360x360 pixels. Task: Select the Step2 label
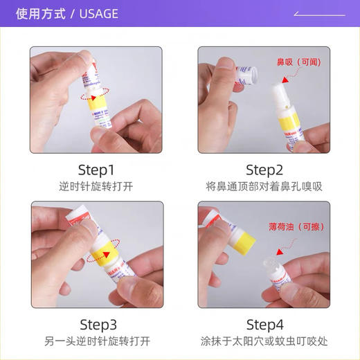264,170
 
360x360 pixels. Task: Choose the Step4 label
264,324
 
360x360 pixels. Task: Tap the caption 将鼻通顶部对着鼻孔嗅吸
264,186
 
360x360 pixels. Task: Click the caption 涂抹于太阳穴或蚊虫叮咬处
264,341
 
